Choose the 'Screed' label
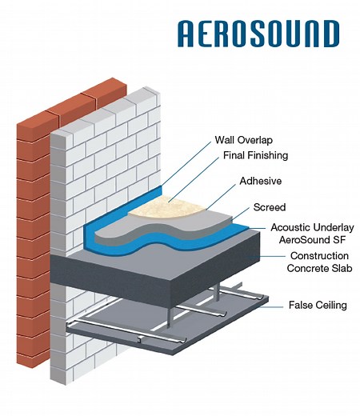pyautogui.click(x=269, y=207)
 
